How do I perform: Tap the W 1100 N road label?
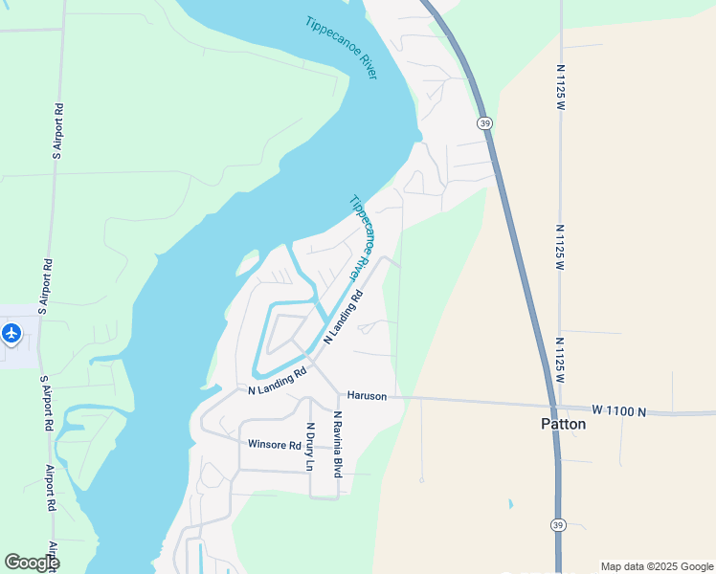(618, 411)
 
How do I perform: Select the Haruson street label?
(367, 395)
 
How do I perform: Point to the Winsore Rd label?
(275, 444)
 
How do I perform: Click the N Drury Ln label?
(309, 447)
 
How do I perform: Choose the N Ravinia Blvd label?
(338, 444)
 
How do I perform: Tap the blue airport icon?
(11, 334)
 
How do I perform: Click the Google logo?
(32, 562)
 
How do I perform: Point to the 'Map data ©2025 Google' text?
(657, 566)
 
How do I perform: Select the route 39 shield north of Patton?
(485, 123)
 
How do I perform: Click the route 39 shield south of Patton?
(558, 524)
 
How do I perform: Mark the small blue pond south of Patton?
(510, 503)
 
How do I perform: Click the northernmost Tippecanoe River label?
(341, 48)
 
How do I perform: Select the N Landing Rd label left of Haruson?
(277, 382)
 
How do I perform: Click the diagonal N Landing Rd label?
(345, 318)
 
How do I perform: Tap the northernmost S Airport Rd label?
(58, 130)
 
